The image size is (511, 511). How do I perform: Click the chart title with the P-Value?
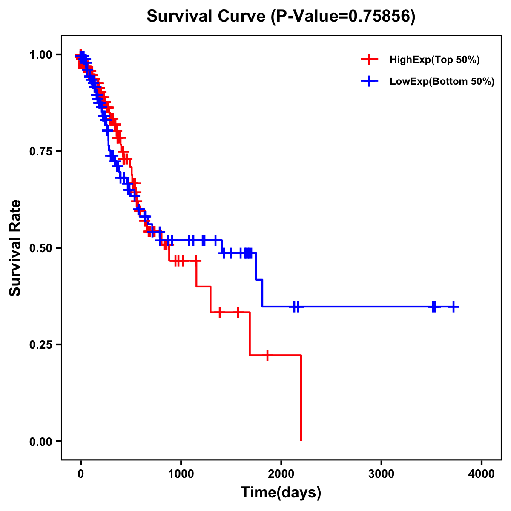coord(281,16)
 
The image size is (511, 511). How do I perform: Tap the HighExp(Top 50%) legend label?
coord(435,60)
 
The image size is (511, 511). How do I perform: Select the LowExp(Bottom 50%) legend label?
coord(442,82)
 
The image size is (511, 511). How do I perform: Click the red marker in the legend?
coord(369,60)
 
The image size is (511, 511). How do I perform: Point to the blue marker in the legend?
coord(369,82)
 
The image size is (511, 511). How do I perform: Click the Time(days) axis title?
coord(281,493)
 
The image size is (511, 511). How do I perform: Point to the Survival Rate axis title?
coord(16,248)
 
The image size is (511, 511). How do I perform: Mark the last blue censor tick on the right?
coord(454,307)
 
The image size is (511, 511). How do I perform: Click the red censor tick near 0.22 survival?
coord(267,355)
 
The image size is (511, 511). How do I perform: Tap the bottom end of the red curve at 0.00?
coord(301,440)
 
